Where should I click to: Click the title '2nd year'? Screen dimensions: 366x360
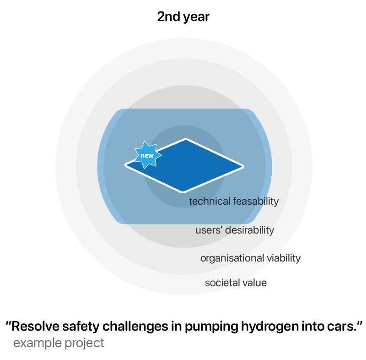(x=183, y=17)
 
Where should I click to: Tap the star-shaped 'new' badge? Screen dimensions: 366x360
(x=147, y=155)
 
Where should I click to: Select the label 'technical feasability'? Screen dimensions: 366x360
(x=234, y=202)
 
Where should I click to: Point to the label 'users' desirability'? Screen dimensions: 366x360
(x=235, y=230)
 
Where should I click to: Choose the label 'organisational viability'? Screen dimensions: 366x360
(x=250, y=258)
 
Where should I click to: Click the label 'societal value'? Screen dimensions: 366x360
(x=236, y=283)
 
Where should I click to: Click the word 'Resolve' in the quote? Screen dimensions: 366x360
(x=35, y=326)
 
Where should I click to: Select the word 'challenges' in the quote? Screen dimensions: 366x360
(x=135, y=327)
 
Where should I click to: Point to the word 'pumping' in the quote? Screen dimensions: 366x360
(x=211, y=327)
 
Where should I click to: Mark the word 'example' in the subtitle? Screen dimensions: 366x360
(x=38, y=343)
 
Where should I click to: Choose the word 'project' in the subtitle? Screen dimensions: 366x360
(x=84, y=343)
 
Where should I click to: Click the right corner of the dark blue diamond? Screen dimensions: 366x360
(x=243, y=167)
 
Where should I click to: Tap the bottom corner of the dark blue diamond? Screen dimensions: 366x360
(x=183, y=192)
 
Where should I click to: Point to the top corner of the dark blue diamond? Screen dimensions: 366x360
(x=186, y=139)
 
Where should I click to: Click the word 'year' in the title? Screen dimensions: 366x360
(x=196, y=17)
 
